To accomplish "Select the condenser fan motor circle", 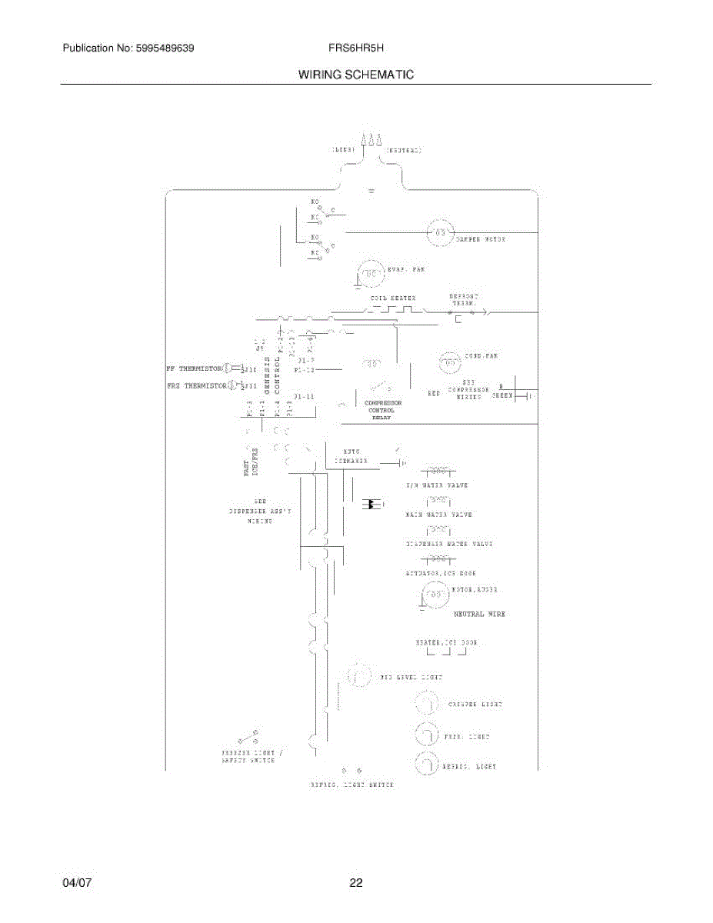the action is coord(449,362).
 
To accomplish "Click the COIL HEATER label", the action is coord(393,298).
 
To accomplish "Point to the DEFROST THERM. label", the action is coord(464,300).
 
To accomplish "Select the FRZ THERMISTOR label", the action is coord(196,385).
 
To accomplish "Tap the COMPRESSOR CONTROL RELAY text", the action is coord(382,410).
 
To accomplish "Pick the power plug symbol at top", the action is coord(372,140).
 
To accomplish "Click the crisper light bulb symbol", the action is coord(425,704).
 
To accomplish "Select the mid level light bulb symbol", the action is coord(358,676).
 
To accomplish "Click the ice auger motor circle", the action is coord(434,595).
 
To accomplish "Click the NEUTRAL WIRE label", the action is coord(479,614).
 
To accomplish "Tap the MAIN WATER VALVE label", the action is coord(438,514).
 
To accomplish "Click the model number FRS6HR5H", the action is coord(355,48).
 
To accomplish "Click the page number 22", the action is coord(355,884).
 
